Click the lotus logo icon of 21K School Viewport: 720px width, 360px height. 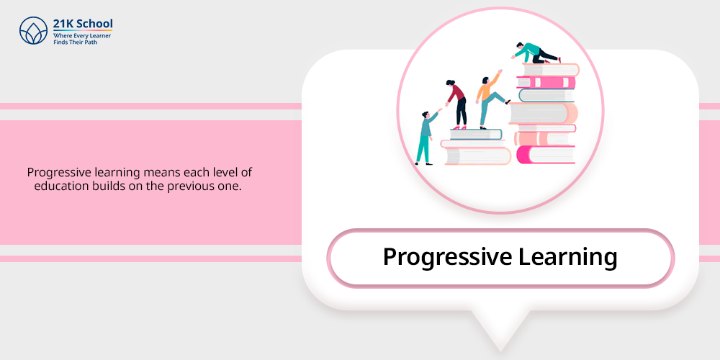click(34, 31)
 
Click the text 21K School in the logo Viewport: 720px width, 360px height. click(83, 24)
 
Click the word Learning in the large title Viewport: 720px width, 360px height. click(567, 257)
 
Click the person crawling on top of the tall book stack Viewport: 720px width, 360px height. click(536, 53)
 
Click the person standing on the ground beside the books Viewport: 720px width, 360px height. click(426, 137)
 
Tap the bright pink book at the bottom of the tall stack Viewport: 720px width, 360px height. click(546, 154)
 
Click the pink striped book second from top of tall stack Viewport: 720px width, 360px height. click(546, 83)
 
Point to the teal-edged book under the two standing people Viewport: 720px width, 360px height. click(475, 134)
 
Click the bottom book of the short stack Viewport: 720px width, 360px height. click(477, 156)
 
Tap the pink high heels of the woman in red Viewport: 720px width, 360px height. click(459, 127)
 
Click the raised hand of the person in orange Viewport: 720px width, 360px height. click(500, 71)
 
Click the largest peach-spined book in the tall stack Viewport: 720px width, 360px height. click(543, 113)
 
